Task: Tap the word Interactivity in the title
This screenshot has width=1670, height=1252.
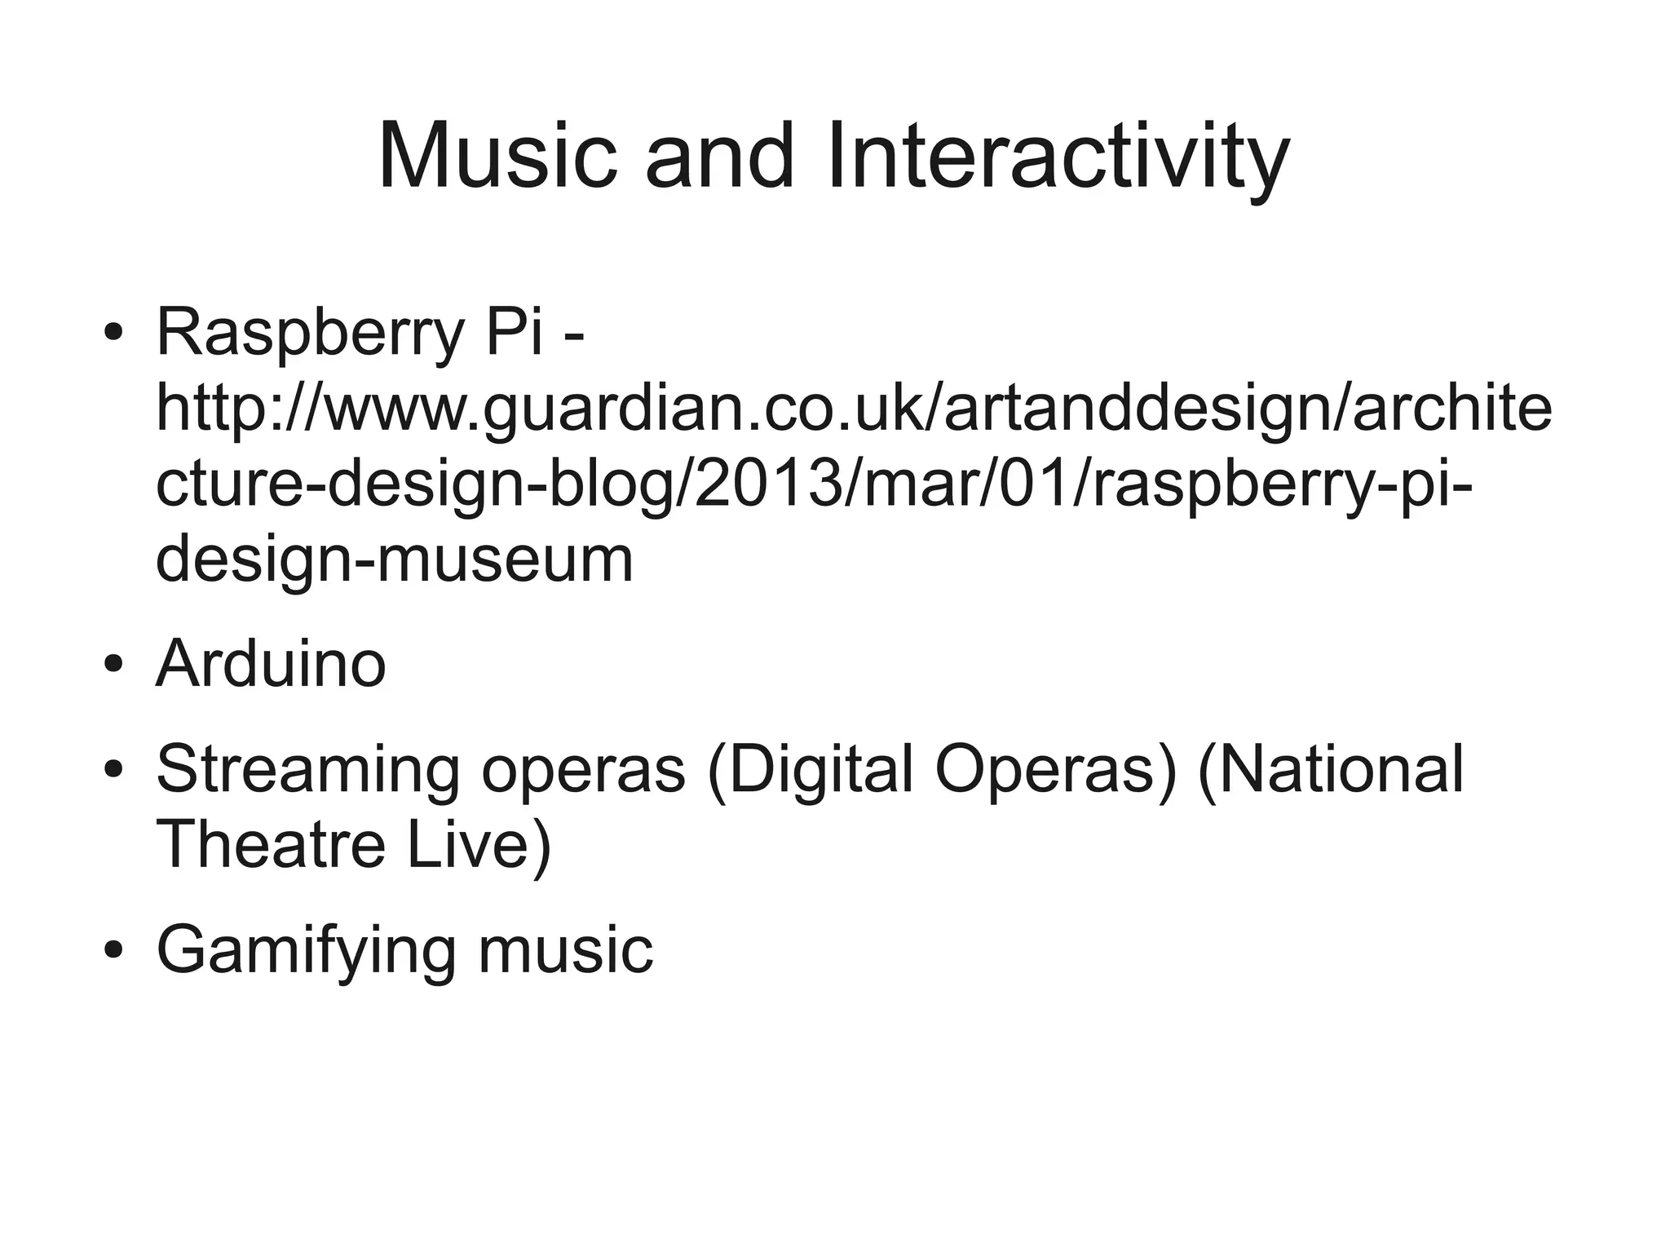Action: coord(1058,157)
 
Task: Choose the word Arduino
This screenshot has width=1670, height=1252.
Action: coord(271,664)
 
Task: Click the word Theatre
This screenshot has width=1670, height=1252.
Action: coord(270,844)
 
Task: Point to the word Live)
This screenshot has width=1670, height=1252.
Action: coord(479,844)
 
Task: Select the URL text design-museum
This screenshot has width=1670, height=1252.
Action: coord(395,561)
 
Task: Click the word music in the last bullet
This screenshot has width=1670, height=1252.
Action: coord(566,950)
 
